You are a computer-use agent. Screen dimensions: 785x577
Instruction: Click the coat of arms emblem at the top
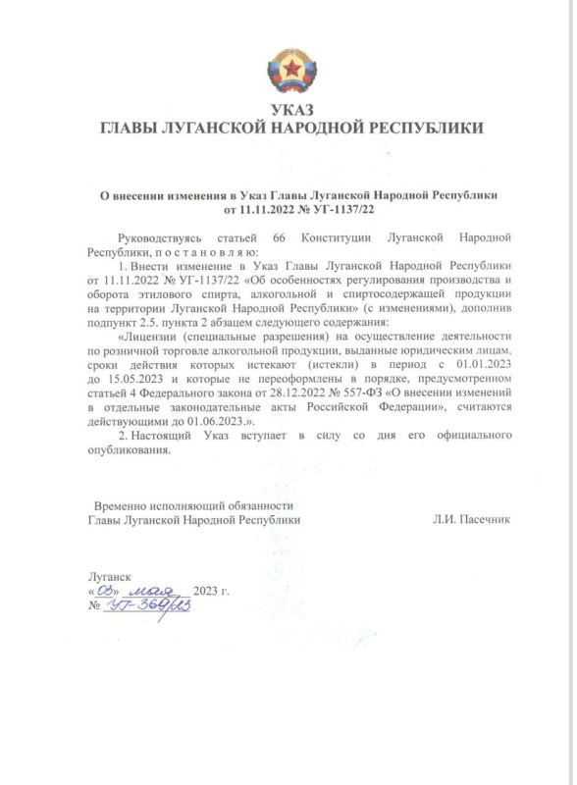pos(288,73)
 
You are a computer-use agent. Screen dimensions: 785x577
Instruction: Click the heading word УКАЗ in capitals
pos(288,110)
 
